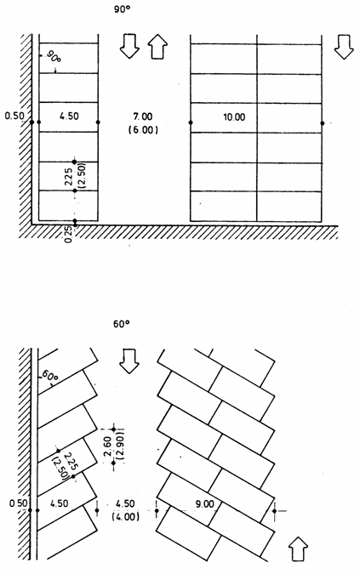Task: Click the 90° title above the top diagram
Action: [x=122, y=9]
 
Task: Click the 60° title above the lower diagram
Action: [x=122, y=324]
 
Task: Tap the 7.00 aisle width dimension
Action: [x=143, y=117]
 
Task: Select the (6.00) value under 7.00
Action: [x=143, y=129]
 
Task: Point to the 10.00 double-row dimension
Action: [x=234, y=117]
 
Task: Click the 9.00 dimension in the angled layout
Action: [x=204, y=504]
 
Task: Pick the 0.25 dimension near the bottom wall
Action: [x=68, y=235]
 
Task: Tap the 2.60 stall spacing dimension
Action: [x=108, y=446]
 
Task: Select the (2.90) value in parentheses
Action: [x=121, y=446]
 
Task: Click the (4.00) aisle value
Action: [x=125, y=516]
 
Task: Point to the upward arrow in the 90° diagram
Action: [x=157, y=47]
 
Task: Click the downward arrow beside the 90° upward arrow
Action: [x=129, y=46]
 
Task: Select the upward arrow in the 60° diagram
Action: [x=298, y=549]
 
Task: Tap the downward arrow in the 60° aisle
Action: [x=129, y=361]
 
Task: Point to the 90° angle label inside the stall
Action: [x=54, y=58]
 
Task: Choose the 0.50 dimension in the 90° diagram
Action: [x=14, y=116]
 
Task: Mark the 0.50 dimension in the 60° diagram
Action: [x=19, y=503]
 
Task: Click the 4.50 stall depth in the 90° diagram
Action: [x=69, y=116]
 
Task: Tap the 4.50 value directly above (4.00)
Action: [x=125, y=503]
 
